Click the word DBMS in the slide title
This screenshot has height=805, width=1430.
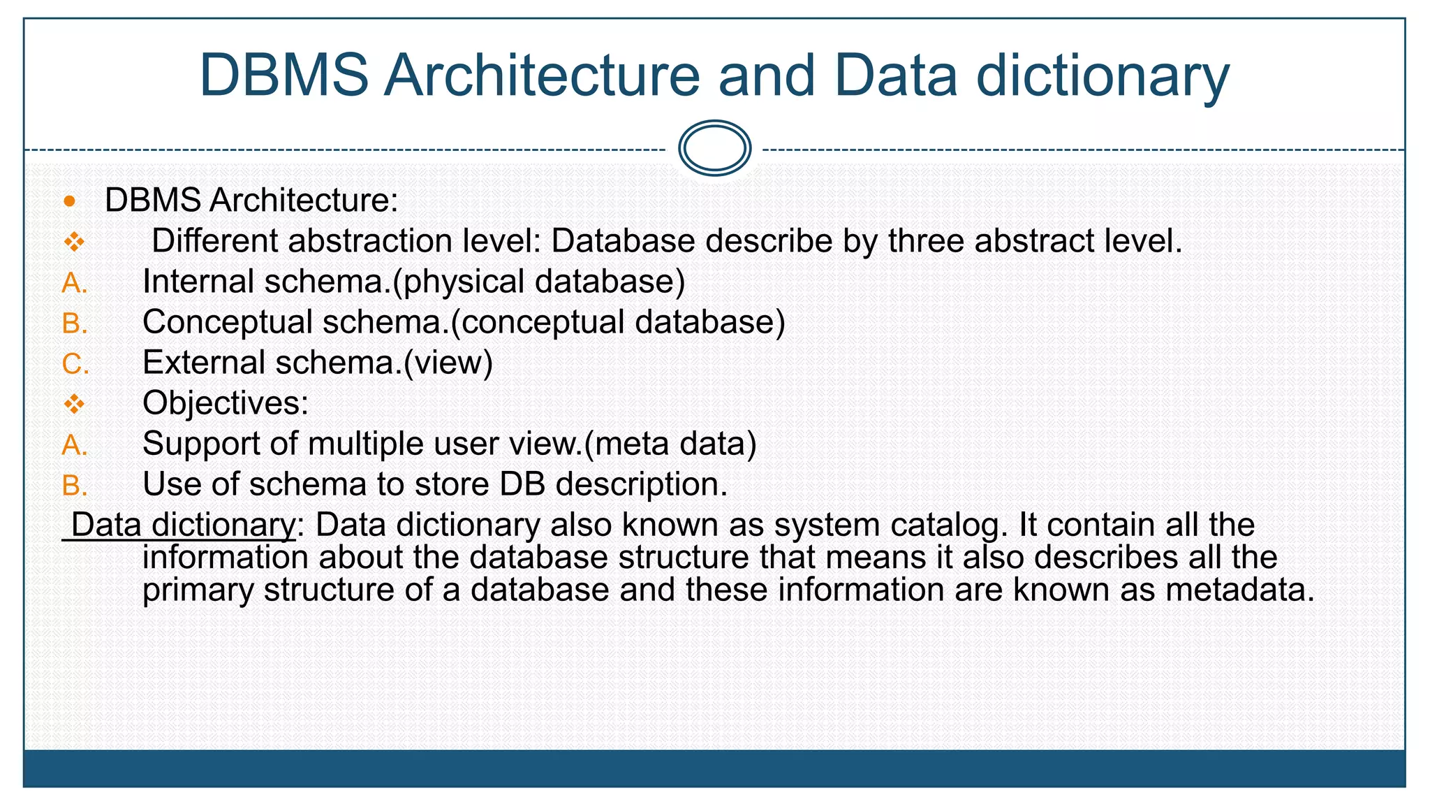(x=283, y=75)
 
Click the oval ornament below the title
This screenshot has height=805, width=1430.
(x=714, y=148)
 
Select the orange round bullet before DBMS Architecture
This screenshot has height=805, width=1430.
(x=69, y=202)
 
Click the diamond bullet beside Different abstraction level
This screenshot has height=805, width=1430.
(x=74, y=242)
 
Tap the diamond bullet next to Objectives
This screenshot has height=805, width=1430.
(x=74, y=404)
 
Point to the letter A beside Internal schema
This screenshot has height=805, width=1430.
(x=74, y=283)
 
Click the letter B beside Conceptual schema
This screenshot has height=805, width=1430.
(x=74, y=324)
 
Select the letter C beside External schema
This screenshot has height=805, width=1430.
(x=75, y=364)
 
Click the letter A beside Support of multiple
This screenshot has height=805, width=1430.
(x=74, y=445)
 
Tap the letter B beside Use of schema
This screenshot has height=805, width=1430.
(x=74, y=486)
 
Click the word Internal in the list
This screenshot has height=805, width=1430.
(x=198, y=282)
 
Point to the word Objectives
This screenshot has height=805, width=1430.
(x=225, y=403)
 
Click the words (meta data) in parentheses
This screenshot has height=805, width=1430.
(x=670, y=444)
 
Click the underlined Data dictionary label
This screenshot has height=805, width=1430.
(x=183, y=525)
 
